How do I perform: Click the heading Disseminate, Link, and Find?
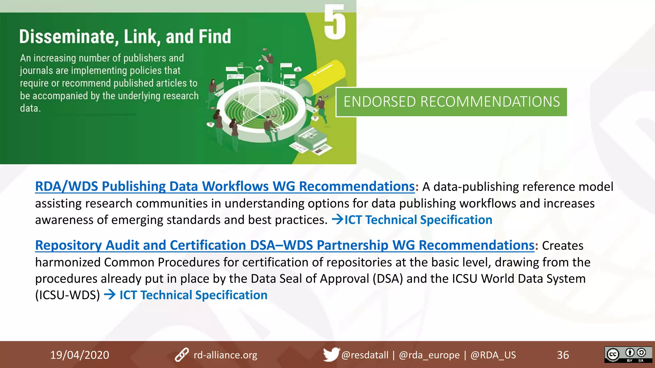pyautogui.click(x=125, y=36)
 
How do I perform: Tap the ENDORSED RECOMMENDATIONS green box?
pyautogui.click(x=451, y=102)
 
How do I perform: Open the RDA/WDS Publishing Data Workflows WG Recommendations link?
pyautogui.click(x=225, y=187)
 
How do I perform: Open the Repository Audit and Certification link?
pyautogui.click(x=285, y=245)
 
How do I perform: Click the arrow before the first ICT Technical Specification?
pyautogui.click(x=337, y=219)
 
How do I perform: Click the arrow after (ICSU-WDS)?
pyautogui.click(x=110, y=295)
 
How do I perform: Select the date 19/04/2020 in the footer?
pyautogui.click(x=80, y=355)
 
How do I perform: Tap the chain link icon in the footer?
pyautogui.click(x=182, y=355)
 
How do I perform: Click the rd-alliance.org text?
pyautogui.click(x=225, y=355)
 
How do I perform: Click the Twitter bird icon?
pyautogui.click(x=331, y=354)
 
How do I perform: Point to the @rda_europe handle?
pyautogui.click(x=429, y=355)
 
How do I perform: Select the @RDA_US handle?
pyautogui.click(x=493, y=355)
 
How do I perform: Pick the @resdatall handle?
pyautogui.click(x=365, y=355)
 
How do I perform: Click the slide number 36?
pyautogui.click(x=563, y=355)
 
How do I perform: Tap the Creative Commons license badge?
pyautogui.click(x=628, y=355)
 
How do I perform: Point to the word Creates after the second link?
pyautogui.click(x=563, y=246)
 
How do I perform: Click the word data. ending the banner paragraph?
pyautogui.click(x=30, y=108)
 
